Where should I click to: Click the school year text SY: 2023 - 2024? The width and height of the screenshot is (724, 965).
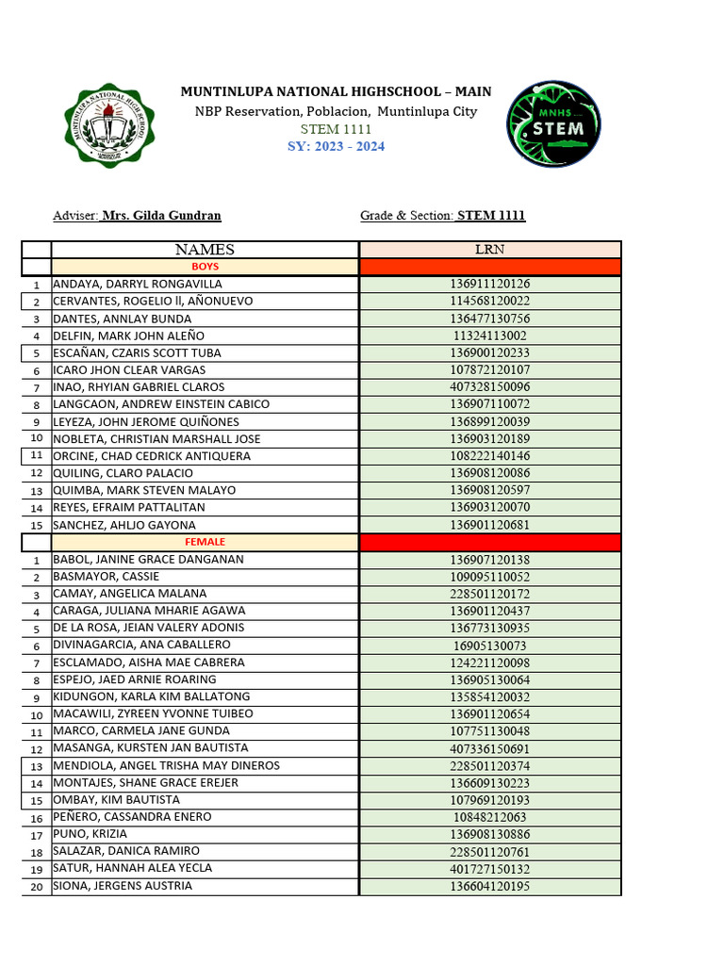tap(336, 146)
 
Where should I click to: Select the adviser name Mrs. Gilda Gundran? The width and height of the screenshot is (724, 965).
tap(161, 216)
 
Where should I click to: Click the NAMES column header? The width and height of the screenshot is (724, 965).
tap(205, 250)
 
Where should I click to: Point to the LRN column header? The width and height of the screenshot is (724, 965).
tap(490, 250)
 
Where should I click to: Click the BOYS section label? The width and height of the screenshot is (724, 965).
tap(205, 267)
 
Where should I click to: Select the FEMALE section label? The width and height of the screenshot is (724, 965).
tap(205, 542)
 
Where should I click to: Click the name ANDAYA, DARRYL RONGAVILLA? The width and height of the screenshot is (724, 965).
tap(138, 284)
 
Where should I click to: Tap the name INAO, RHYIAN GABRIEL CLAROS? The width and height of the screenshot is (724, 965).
tap(139, 387)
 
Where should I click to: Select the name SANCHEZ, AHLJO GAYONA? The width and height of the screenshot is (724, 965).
tap(124, 525)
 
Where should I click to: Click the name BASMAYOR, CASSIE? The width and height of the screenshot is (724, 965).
tap(107, 577)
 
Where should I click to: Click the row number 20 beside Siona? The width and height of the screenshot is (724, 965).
tap(36, 887)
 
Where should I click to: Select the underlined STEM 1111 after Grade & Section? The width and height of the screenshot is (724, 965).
tap(491, 216)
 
